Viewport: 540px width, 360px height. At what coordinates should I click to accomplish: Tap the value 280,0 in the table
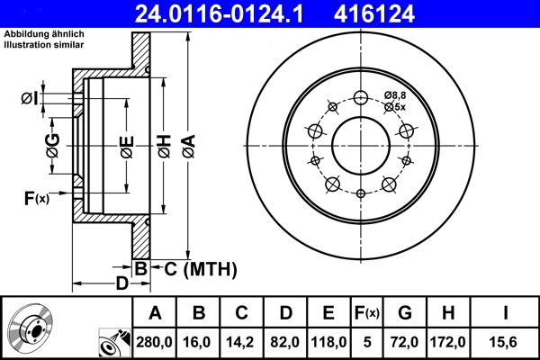pos(155,343)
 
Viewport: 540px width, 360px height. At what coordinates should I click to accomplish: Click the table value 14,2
pos(242,343)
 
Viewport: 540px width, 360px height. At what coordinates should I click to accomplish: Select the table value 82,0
pos(284,343)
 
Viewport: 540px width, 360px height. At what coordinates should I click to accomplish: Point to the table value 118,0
pos(328,343)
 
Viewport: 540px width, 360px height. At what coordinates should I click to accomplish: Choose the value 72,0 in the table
pos(406,343)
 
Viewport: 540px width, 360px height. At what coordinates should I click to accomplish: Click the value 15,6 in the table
pos(504,343)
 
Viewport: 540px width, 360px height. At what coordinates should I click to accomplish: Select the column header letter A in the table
pos(155,313)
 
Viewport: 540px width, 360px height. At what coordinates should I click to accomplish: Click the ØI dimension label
pos(29,97)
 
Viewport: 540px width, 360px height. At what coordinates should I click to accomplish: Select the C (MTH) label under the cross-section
pos(193,268)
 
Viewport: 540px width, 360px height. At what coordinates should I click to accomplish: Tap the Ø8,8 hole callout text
pos(395,95)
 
